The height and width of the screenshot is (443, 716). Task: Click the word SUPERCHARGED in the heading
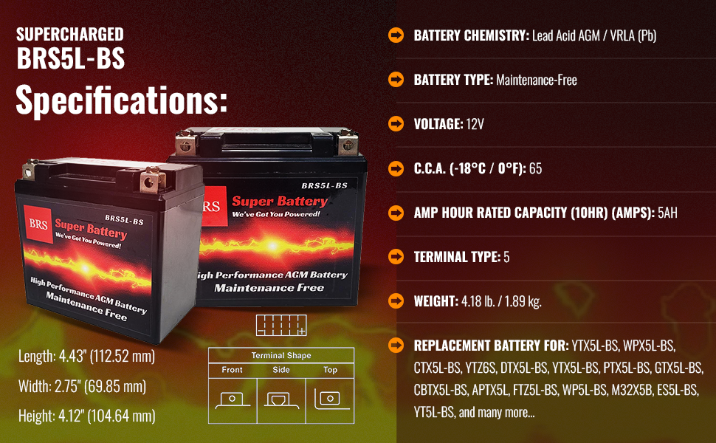70,34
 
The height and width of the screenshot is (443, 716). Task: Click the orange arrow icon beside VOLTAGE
396,123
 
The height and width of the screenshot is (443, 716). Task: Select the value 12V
475,124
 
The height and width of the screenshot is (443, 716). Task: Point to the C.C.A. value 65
535,168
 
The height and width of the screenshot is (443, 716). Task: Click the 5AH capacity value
667,213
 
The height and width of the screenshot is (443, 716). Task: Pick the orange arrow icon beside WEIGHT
396,301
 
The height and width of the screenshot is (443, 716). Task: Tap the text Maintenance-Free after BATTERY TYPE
537,80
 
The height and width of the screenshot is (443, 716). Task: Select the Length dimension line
86,357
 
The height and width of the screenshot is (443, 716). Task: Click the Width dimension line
82,386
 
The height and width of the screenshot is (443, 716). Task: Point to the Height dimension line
86,416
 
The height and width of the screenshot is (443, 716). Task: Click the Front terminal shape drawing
233,399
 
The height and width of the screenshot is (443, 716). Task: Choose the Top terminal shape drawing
330,399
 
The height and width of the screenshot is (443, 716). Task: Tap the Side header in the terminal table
281,370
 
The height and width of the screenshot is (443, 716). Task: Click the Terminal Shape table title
281,355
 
